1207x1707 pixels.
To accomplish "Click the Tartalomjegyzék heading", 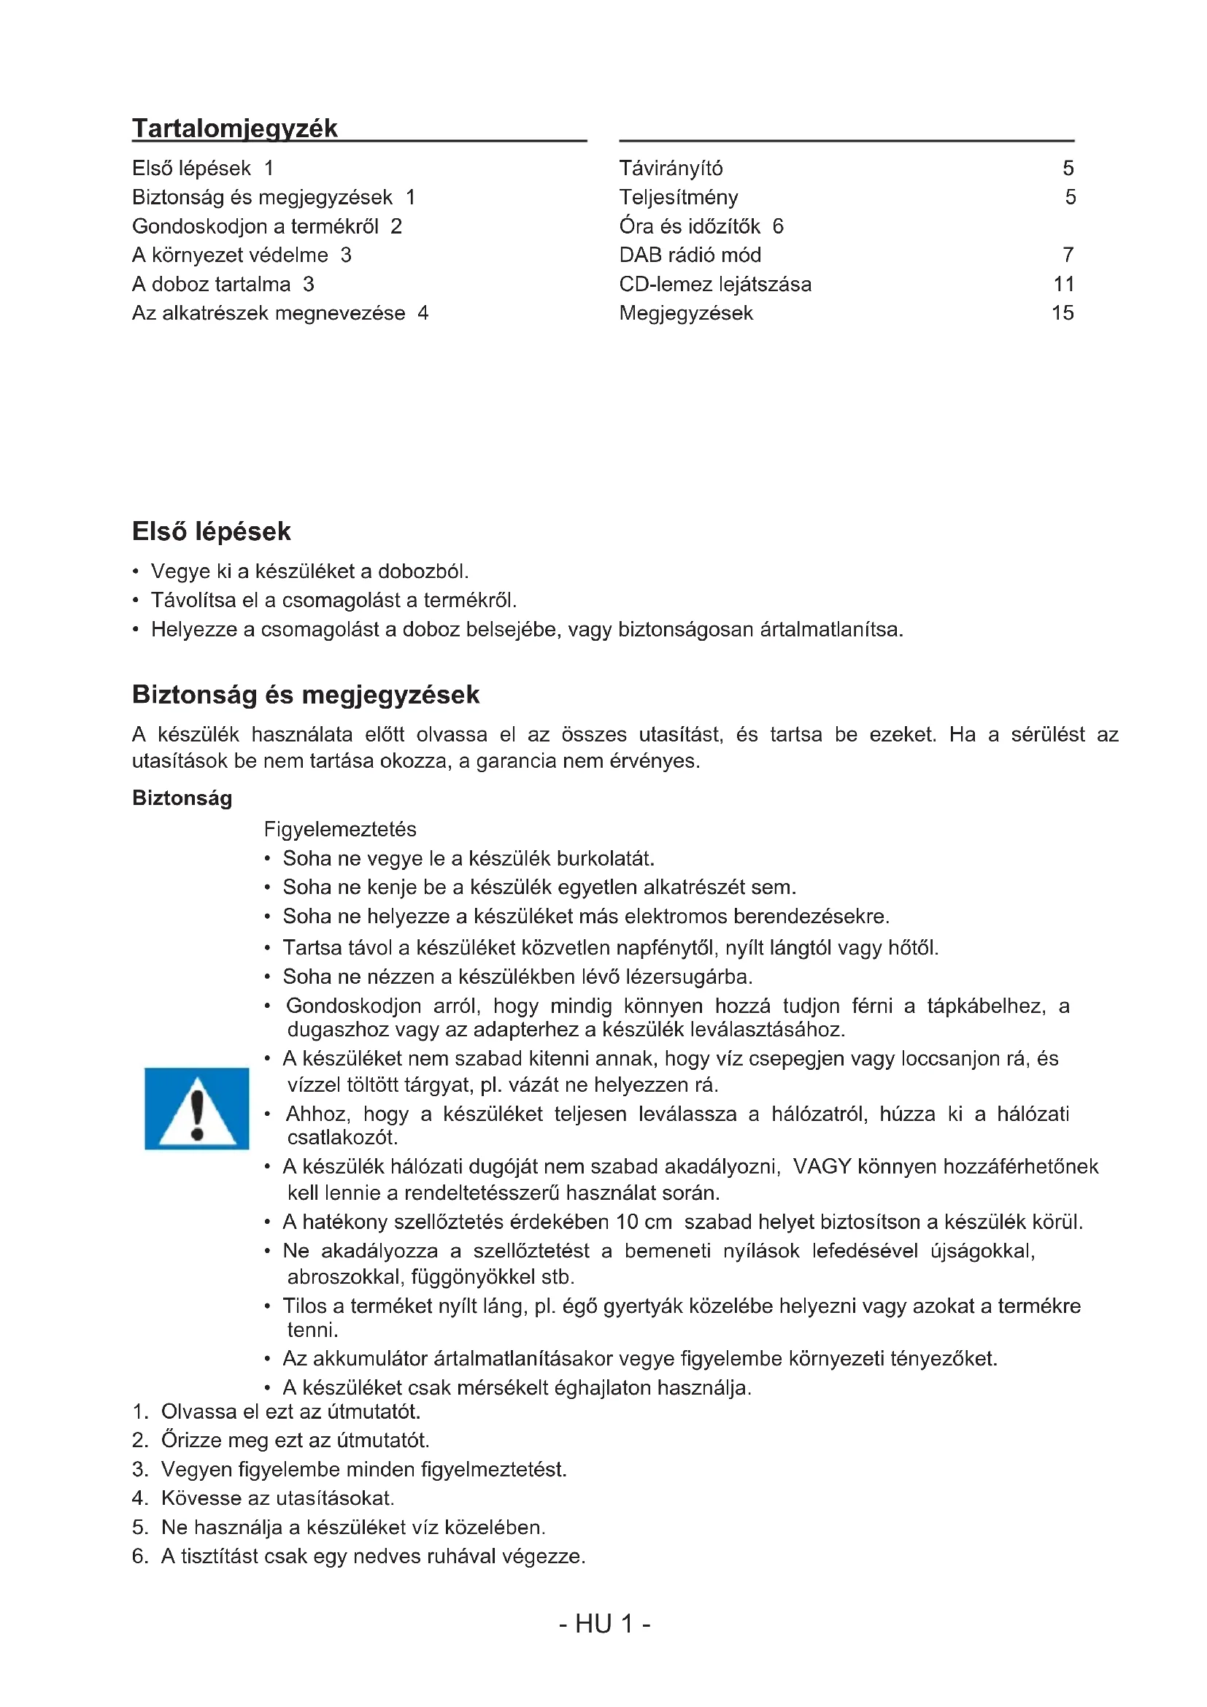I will [x=235, y=128].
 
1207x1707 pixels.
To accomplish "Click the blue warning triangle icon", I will [x=197, y=1109].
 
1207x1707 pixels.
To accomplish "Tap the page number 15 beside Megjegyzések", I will [x=1062, y=313].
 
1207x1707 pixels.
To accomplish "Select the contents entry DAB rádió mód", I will [x=690, y=255].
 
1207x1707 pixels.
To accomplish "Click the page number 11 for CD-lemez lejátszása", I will [x=1063, y=284].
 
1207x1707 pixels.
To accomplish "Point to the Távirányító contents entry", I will [x=671, y=168].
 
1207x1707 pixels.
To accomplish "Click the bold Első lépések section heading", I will [x=211, y=531].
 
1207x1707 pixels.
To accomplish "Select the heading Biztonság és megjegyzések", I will [x=306, y=694].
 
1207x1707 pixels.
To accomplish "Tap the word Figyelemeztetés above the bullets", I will [x=339, y=829].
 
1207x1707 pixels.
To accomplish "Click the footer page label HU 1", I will [x=604, y=1624].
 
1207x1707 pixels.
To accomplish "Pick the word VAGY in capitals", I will [x=822, y=1166].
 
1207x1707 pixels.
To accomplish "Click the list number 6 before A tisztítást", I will [x=139, y=1556].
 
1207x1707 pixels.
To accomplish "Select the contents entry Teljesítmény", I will [x=679, y=197].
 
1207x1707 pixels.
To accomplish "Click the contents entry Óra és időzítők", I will [x=690, y=226].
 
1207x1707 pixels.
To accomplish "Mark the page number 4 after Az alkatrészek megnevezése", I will [x=423, y=313].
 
